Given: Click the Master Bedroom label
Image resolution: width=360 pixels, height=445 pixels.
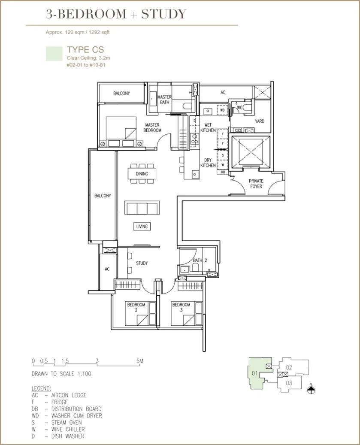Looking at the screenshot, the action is coord(152,127).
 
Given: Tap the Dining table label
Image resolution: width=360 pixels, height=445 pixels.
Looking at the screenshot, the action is coord(142,174).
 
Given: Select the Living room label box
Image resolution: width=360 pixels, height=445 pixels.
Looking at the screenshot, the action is coord(142,227).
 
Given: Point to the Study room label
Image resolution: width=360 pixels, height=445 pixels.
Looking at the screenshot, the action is coord(142,263).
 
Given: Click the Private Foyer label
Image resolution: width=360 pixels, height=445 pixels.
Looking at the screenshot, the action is coord(256,184).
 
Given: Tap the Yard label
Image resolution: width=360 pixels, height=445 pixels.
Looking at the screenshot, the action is coord(260,121).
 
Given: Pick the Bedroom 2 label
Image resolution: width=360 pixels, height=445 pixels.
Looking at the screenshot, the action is coord(136,307).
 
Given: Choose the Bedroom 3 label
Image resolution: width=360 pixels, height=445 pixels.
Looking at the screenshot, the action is coord(181,307).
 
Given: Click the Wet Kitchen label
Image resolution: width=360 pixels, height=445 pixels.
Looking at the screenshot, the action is coord(208,127).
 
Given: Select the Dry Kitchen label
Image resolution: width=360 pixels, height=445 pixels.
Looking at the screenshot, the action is coord(208,163).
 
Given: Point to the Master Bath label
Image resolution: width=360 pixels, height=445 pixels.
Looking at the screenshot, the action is coord(164,99).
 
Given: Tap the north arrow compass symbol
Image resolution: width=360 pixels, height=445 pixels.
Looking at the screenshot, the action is coord(311,390).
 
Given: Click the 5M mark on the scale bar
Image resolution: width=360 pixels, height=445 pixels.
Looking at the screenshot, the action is coord(139,361).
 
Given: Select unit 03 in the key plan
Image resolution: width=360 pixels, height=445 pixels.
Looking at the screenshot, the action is coord(289,383).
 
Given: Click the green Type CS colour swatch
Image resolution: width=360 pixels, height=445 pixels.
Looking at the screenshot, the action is coord(54,54).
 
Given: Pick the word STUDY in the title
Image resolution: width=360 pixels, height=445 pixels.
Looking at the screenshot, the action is coord(163,14).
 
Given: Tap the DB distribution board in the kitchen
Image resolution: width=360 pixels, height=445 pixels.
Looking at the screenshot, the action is coord(223,172).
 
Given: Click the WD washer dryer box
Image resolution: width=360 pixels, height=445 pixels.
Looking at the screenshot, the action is coord(222,110).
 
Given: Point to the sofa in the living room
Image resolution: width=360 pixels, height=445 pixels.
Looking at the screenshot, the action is coord(142,208).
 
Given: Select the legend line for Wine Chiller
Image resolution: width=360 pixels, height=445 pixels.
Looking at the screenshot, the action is coord(58,429).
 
